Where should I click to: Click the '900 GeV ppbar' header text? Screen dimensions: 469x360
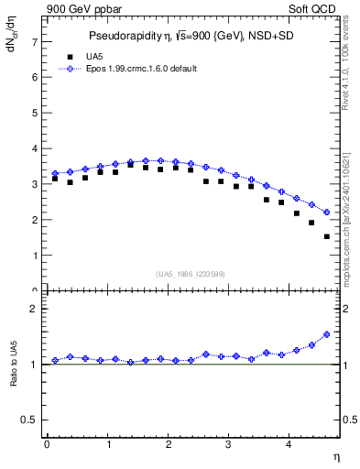coord(81,9)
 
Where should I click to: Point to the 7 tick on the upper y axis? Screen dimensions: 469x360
coord(34,41)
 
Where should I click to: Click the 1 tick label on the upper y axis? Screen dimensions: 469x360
coord(34,256)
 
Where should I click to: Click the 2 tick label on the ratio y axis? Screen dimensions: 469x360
coord(34,309)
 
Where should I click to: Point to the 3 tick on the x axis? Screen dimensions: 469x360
coord(229,444)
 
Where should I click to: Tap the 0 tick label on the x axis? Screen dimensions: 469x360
coord(47,444)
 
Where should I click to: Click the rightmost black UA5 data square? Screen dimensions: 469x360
coord(327,236)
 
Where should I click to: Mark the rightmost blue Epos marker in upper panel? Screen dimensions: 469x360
coord(327,213)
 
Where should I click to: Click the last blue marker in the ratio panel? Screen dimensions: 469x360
coord(327,334)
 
